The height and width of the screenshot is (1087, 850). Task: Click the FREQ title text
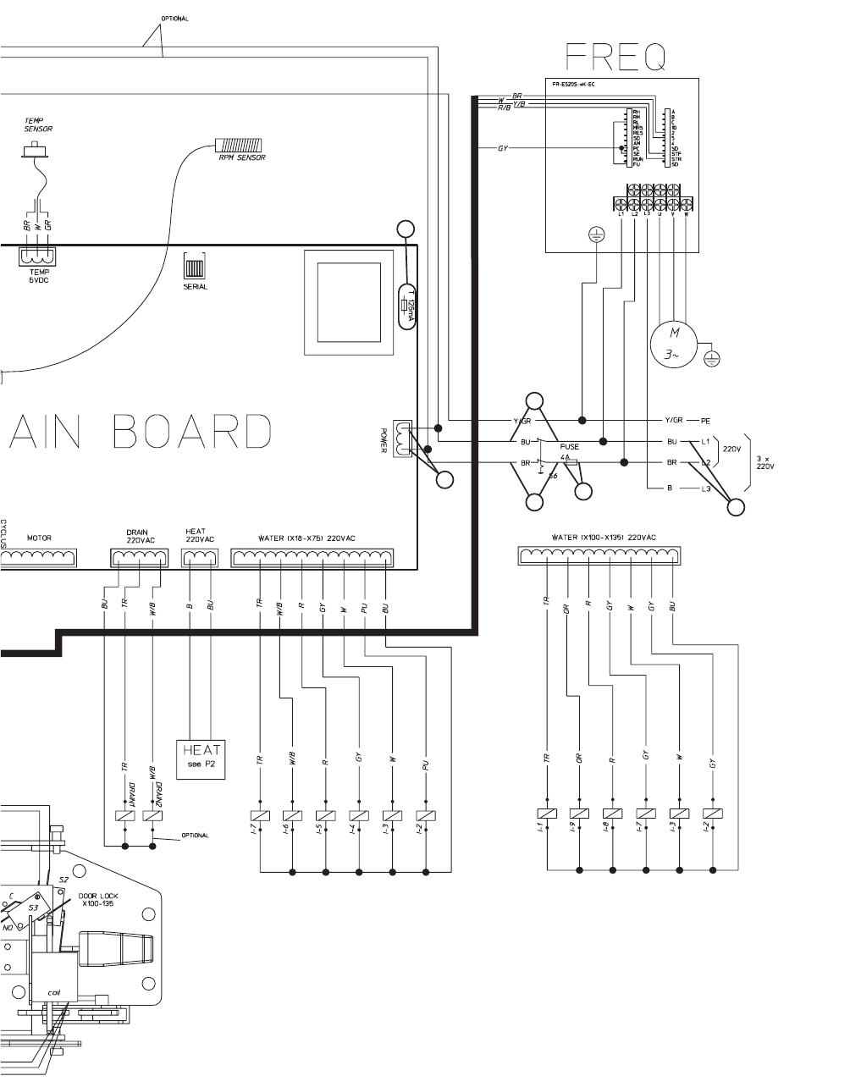(615, 57)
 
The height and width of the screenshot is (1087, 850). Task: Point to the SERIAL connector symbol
(196, 269)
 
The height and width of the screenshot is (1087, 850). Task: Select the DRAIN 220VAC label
(138, 536)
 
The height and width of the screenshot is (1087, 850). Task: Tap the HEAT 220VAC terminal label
(200, 536)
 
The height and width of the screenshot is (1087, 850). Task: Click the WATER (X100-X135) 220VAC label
(603, 537)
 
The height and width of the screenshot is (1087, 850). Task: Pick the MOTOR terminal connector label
(39, 538)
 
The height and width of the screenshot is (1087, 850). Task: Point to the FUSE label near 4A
(570, 447)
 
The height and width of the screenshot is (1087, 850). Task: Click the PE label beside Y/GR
(706, 421)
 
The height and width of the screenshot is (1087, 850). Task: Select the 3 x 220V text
(765, 463)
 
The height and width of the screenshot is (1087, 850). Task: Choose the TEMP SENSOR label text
(38, 125)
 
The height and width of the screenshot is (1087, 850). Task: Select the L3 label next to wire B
(706, 489)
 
